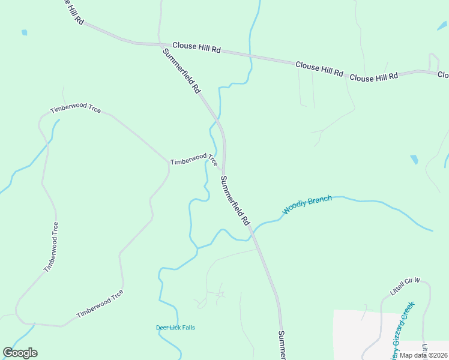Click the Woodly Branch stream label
pos(307,204)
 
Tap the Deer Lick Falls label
pos(175,328)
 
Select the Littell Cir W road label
pos(406,287)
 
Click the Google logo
pos(20,353)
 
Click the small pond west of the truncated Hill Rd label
pos(24,32)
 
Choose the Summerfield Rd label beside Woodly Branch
pos(235,200)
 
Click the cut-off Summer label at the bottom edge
pos(281,345)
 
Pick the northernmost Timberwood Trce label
pos(76,108)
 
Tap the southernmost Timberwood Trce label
pos(100,304)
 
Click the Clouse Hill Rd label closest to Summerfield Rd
pos(196,47)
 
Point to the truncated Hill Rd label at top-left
pos(71,11)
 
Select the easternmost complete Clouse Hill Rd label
pos(373,77)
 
